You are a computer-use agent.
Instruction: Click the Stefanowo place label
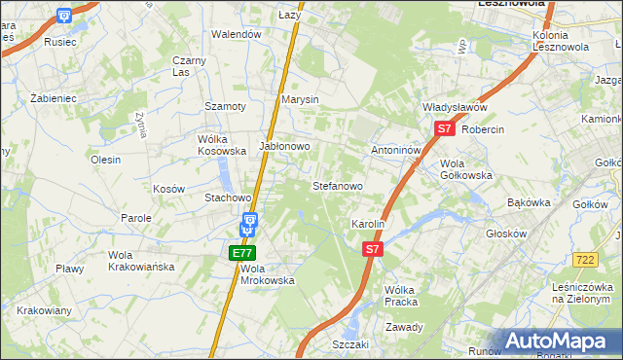coord(337,185)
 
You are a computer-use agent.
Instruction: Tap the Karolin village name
coord(369,224)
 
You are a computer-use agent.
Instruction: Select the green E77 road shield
coord(241,253)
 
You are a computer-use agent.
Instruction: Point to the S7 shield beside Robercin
coord(444,128)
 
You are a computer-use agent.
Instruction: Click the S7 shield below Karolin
coord(372,249)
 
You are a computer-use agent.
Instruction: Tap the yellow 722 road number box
coord(585,260)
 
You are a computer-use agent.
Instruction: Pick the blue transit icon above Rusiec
coord(64,16)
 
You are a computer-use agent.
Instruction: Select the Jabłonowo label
coord(284,146)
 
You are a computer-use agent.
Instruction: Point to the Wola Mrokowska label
coord(267,273)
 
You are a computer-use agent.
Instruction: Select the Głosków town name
coord(507,234)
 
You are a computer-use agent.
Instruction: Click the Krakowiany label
coord(43,310)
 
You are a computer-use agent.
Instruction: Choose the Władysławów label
coord(454,107)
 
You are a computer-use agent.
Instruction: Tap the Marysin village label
coord(300,100)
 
